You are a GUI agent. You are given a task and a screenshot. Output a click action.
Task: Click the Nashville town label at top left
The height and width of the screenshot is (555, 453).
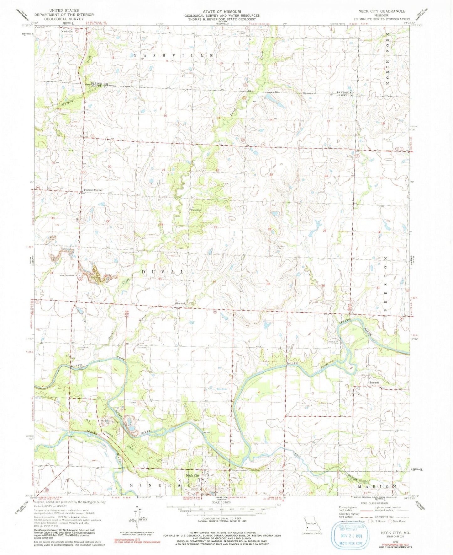coord(67,31)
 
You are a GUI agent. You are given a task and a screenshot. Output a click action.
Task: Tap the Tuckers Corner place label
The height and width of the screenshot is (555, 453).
coord(92,190)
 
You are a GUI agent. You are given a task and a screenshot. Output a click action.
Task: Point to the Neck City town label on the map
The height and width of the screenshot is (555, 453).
coord(193,476)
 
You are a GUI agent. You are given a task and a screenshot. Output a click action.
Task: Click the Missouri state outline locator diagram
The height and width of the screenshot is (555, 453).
coord(311,525)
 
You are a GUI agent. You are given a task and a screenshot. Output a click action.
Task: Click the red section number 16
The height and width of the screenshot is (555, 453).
coord(165,116)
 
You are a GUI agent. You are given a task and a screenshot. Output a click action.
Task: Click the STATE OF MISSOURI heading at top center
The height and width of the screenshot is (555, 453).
coord(222,11)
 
